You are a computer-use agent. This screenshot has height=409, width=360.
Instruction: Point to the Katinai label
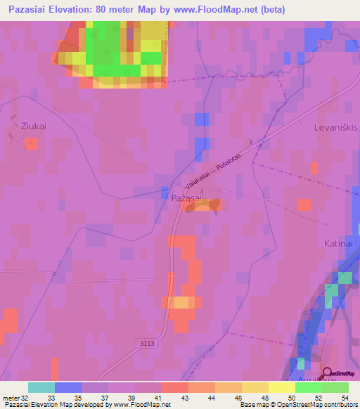[337, 243]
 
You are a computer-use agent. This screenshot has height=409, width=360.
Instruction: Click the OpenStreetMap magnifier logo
[328, 372]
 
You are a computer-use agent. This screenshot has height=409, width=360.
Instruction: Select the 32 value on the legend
[25, 398]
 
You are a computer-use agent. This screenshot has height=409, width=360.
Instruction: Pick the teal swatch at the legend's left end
[41, 387]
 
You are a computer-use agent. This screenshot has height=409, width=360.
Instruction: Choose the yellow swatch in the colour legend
[255, 387]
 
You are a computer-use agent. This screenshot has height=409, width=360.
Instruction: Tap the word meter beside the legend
[11, 398]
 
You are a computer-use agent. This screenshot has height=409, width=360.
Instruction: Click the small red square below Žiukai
[31, 143]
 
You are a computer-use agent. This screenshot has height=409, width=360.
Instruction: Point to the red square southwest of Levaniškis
[304, 204]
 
